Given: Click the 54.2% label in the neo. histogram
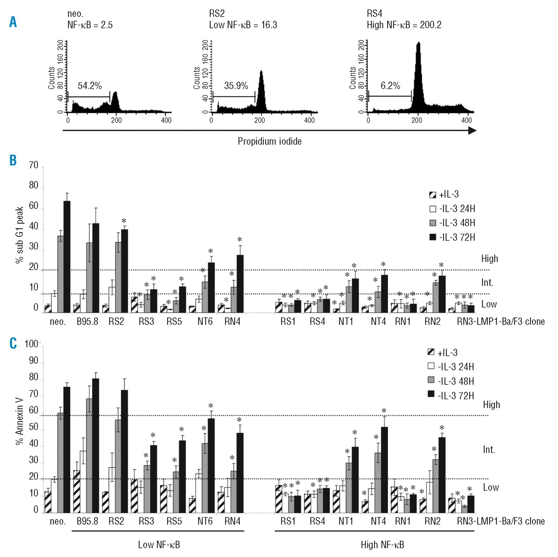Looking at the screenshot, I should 89,86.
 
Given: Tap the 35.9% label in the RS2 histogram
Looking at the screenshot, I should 236,86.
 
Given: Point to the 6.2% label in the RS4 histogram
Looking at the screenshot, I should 390,86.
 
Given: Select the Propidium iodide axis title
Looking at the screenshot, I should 269,141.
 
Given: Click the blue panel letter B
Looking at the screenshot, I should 13,160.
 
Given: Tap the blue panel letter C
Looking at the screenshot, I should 13,343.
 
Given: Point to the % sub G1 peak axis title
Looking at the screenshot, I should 20,235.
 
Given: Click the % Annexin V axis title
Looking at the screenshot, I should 20,421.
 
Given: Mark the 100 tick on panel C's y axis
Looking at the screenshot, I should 31,344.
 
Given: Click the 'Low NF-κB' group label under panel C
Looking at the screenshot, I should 159,544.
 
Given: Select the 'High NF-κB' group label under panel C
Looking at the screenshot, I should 382,544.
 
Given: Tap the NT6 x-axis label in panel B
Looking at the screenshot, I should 205,322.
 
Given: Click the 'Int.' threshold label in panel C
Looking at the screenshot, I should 489,449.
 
